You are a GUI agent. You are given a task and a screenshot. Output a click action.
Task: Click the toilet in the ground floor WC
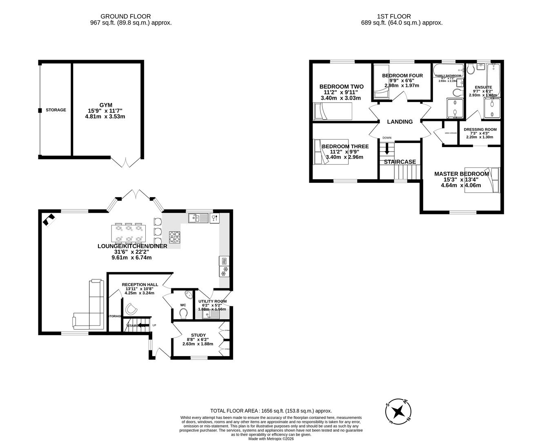click(x=184, y=314)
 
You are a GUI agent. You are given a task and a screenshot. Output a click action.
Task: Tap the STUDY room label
click(x=198, y=335)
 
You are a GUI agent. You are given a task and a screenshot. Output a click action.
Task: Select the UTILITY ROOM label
click(x=212, y=301)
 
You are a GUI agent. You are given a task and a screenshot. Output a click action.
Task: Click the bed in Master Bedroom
click(x=492, y=180)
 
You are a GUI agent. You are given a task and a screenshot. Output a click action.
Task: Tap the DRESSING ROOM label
click(x=480, y=129)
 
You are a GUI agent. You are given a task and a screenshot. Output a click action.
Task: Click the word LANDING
click(x=400, y=122)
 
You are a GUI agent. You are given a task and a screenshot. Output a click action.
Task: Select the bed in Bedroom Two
click(x=332, y=111)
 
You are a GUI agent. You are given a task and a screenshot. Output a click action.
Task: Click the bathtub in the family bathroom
click(x=448, y=69)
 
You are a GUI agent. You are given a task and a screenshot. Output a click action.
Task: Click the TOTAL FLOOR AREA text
click(x=271, y=411)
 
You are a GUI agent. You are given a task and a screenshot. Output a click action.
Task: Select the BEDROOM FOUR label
click(x=402, y=76)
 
